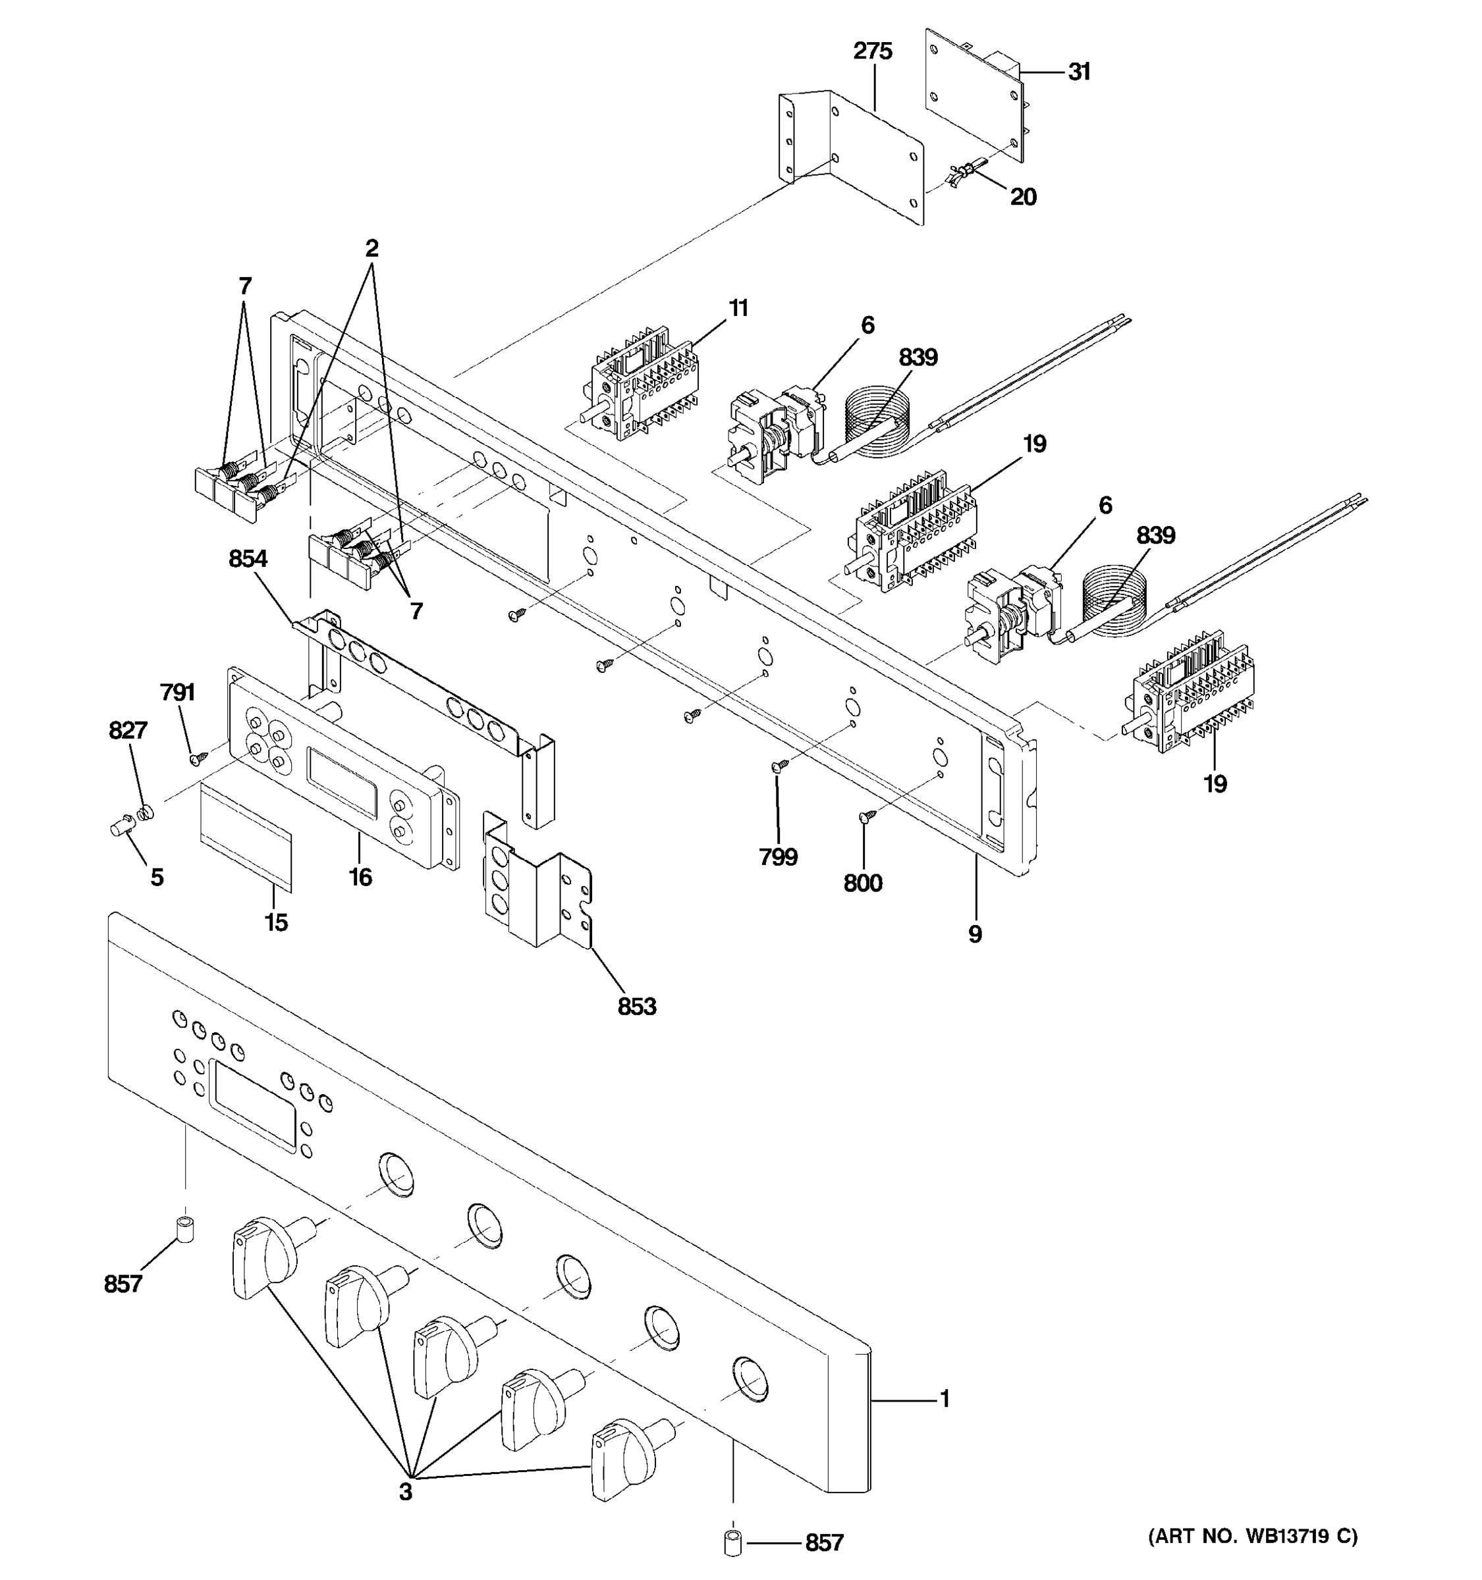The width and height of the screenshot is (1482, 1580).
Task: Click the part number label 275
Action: pyautogui.click(x=872, y=51)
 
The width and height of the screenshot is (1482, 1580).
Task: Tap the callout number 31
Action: pyautogui.click(x=1079, y=72)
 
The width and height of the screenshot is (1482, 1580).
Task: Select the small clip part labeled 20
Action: pyautogui.click(x=964, y=172)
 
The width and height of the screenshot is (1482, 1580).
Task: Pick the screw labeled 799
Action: pyautogui.click(x=779, y=766)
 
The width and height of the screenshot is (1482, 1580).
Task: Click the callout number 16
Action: pyautogui.click(x=360, y=878)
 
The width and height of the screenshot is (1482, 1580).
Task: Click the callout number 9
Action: pyautogui.click(x=975, y=935)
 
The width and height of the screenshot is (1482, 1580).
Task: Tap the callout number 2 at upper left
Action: pyautogui.click(x=371, y=249)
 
